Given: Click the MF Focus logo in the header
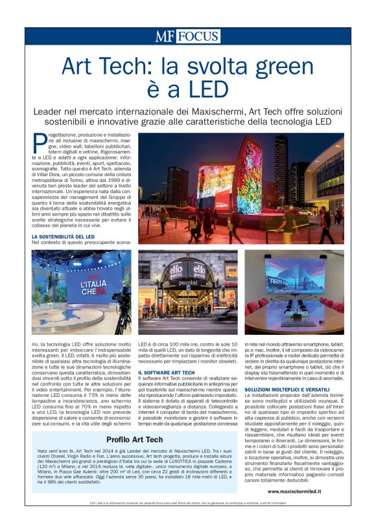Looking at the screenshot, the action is point(187,36).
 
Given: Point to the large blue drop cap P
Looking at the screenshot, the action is point(38,141).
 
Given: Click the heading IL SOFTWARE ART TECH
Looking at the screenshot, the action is point(166,373).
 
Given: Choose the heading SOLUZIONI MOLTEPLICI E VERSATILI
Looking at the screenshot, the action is point(288,389).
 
